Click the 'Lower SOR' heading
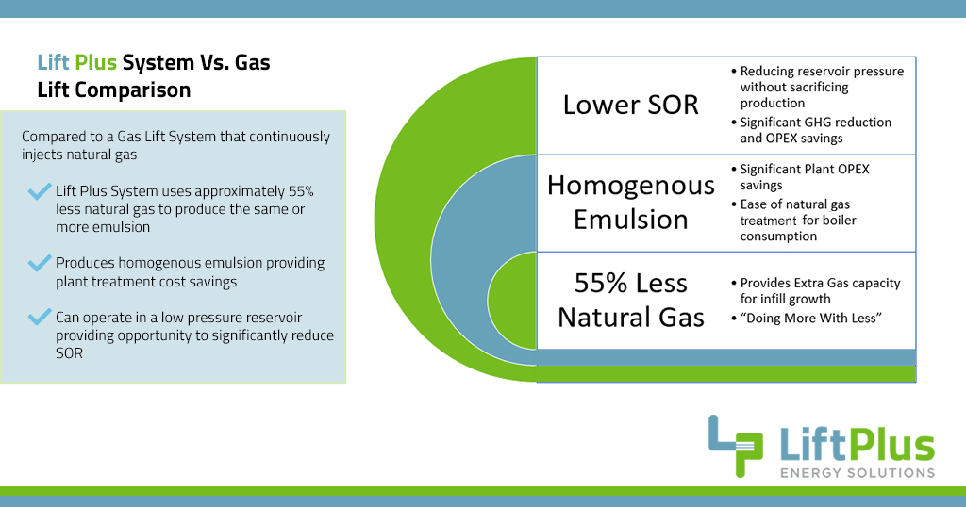tap(630, 105)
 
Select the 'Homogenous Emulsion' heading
tap(630, 202)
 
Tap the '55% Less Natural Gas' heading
tap(630, 300)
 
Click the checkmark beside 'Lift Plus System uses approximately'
tap(39, 192)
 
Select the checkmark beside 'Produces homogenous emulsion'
tap(39, 263)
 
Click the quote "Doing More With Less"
tap(810, 319)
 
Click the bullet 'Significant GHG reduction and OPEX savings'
tap(816, 130)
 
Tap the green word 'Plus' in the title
tap(97, 63)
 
